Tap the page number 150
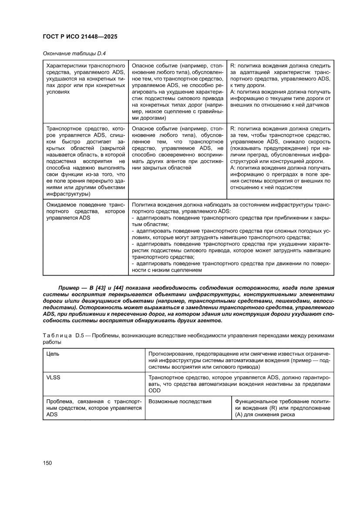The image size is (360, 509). coord(47,463)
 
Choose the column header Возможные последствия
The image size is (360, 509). coord(180,401)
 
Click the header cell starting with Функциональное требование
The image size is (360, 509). coord(283,408)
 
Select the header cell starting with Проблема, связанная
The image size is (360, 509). coord(94,408)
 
